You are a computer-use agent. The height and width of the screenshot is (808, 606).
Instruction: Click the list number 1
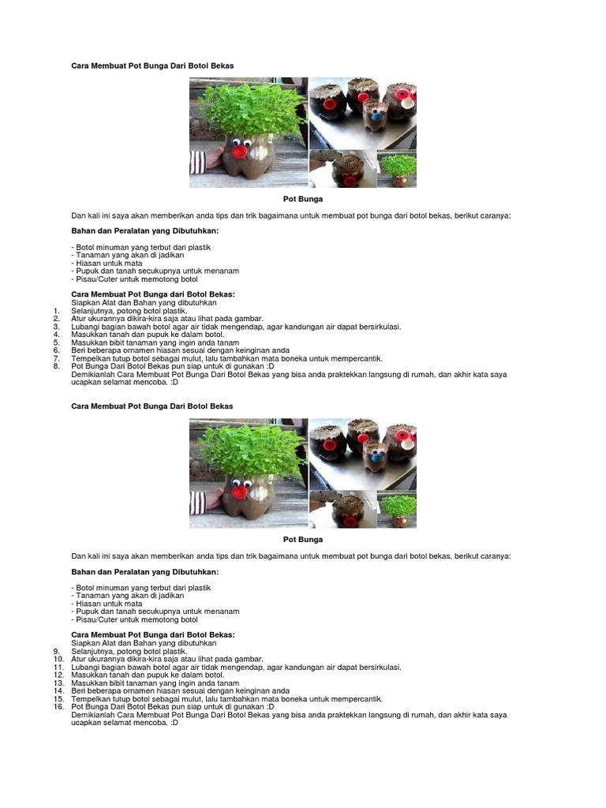coord(57,311)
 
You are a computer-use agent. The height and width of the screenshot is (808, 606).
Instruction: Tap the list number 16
coord(58,706)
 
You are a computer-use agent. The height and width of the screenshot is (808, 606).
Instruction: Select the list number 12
coord(58,675)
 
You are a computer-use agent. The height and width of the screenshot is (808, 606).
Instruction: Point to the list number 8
coord(57,366)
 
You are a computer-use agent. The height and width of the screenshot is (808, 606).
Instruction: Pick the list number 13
coord(58,683)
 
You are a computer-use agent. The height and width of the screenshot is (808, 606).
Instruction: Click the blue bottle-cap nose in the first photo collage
coord(376,114)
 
